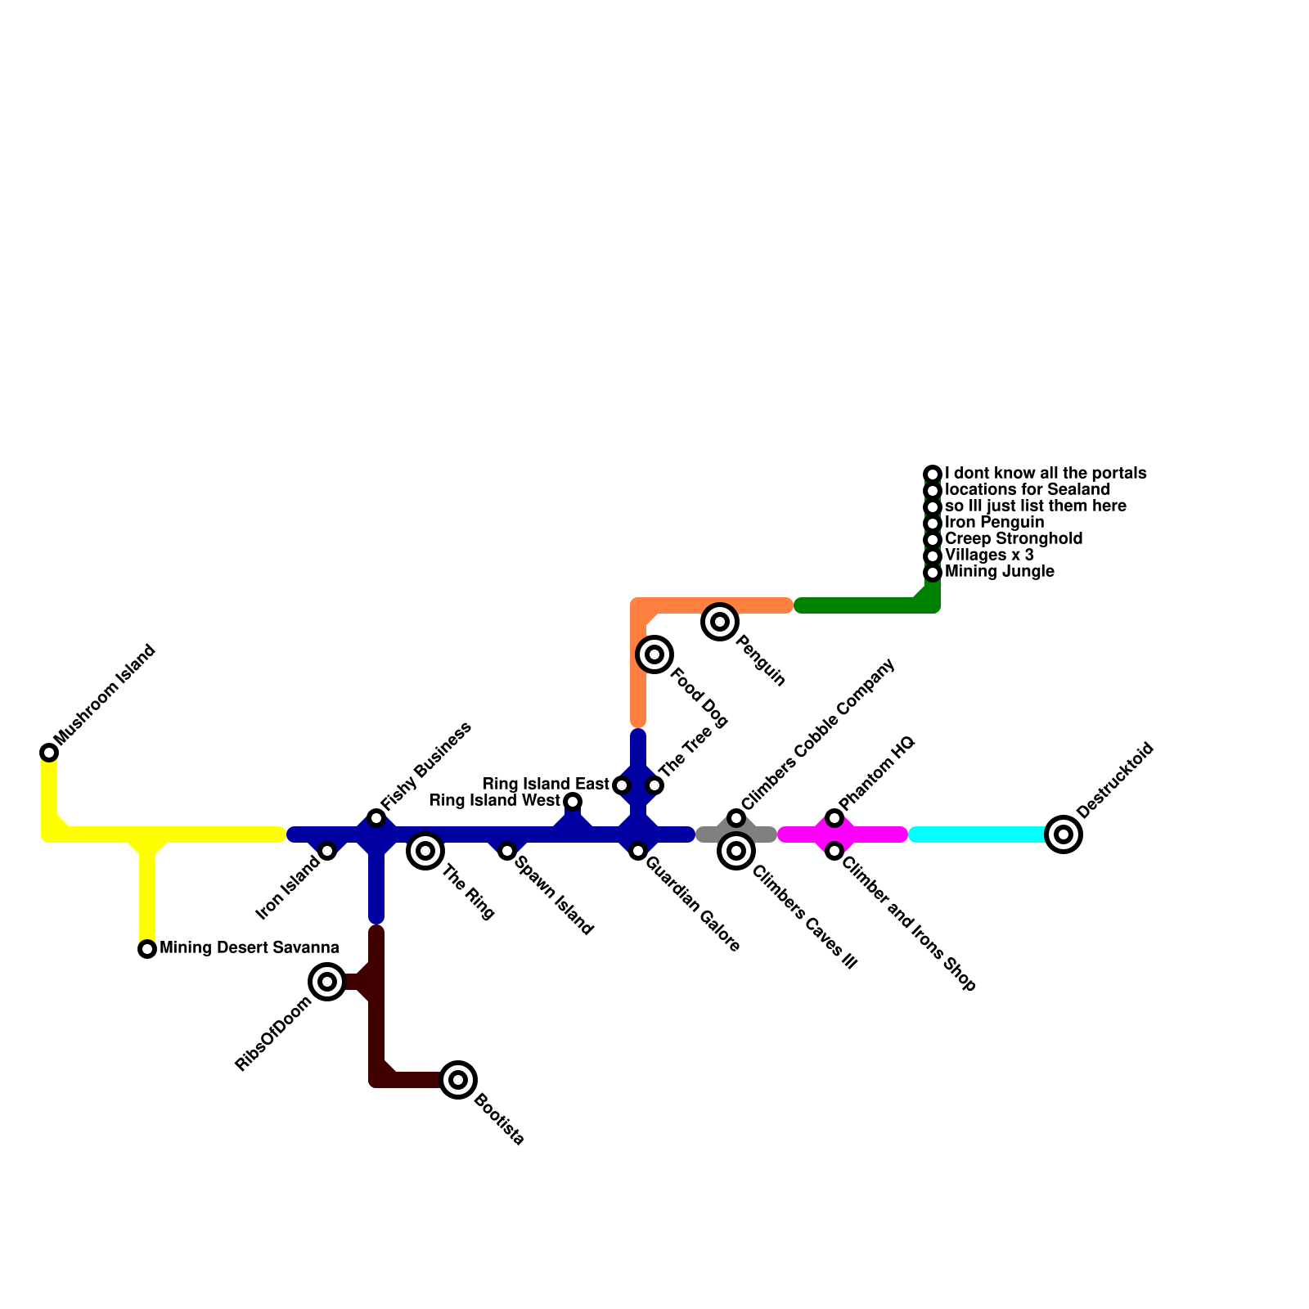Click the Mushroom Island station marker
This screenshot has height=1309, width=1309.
coord(49,753)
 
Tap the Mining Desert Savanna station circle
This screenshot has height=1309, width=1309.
coord(147,949)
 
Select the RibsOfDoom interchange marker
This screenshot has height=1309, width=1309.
coord(327,982)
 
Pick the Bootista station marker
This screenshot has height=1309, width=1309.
coord(458,1080)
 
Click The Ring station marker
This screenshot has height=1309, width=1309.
coord(425,851)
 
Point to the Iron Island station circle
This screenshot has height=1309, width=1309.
coord(327,851)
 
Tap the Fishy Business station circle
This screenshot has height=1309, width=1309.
coord(376,818)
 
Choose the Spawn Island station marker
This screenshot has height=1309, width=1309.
coord(507,851)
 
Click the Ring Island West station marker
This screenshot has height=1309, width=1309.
coord(573,802)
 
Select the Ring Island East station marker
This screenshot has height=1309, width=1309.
coord(622,785)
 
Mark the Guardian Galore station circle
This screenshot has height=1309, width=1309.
coord(638,851)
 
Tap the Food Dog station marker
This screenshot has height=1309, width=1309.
coord(654,654)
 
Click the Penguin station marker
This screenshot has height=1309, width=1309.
coord(720,622)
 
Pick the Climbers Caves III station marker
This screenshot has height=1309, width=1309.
coord(736,851)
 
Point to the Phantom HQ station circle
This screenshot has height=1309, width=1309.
coord(834,818)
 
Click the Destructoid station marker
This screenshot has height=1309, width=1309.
coord(1064,834)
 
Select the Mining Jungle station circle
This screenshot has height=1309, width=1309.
coord(933,573)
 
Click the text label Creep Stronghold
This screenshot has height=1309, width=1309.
coord(1013,539)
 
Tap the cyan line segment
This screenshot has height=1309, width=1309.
coord(978,834)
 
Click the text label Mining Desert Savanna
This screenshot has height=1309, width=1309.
coord(249,948)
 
